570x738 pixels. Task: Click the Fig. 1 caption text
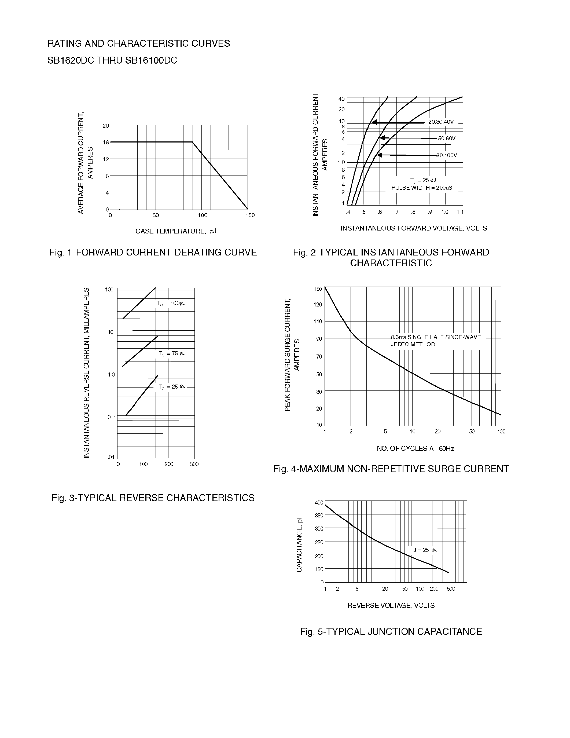coord(153,253)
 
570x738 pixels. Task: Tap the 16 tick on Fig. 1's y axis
coord(106,143)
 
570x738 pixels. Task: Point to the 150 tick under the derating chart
coord(250,215)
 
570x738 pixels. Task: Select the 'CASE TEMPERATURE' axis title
coord(176,231)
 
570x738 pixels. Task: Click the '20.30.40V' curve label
coord(441,122)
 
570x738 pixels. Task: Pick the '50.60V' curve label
coord(446,138)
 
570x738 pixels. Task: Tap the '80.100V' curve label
coord(446,155)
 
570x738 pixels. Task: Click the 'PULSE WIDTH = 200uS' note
coord(422,188)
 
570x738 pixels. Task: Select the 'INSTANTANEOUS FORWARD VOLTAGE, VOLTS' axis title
coord(414,228)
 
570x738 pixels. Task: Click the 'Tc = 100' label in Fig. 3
coord(171,304)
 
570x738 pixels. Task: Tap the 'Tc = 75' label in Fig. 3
coord(172,354)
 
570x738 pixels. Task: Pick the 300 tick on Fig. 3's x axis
coord(194,464)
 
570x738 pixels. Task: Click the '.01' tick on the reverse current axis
coord(111,457)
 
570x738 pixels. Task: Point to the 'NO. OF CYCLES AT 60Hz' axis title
coord(415,448)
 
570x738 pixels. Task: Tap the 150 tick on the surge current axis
coord(318,289)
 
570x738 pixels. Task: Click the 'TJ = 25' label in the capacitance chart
coord(424,550)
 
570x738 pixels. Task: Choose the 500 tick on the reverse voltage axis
coord(451,589)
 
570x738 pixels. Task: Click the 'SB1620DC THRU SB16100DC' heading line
coord(112,60)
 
